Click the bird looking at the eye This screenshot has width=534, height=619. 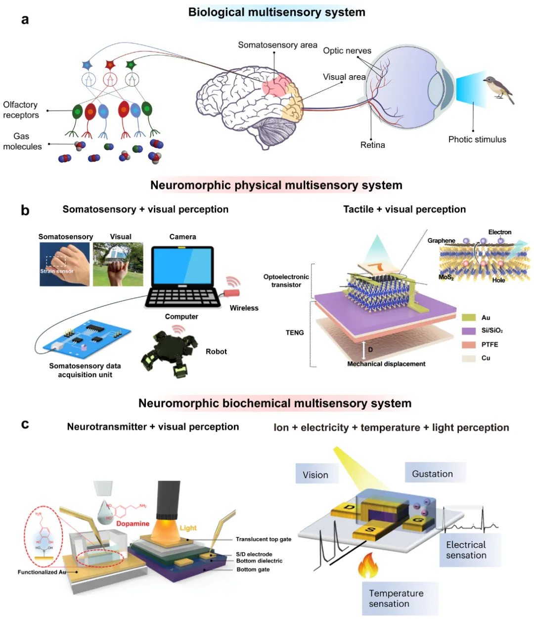coord(498,89)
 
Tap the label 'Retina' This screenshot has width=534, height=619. coord(372,145)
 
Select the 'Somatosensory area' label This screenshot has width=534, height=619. coord(277,45)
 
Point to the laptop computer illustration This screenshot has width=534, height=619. coord(183,277)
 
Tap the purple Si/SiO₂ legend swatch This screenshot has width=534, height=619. coord(468,331)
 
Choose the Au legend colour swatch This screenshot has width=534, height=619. coord(468,317)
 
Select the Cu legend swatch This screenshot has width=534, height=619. coord(468,358)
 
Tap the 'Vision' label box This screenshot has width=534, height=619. coord(316,475)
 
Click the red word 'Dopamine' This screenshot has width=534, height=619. coord(133,524)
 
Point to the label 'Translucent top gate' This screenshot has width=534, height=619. coord(263,539)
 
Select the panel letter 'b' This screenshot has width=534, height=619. coord(25,210)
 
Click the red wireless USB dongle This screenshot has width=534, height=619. coord(232,292)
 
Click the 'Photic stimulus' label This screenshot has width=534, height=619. coord(477,139)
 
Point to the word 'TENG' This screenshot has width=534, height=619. coord(295,333)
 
